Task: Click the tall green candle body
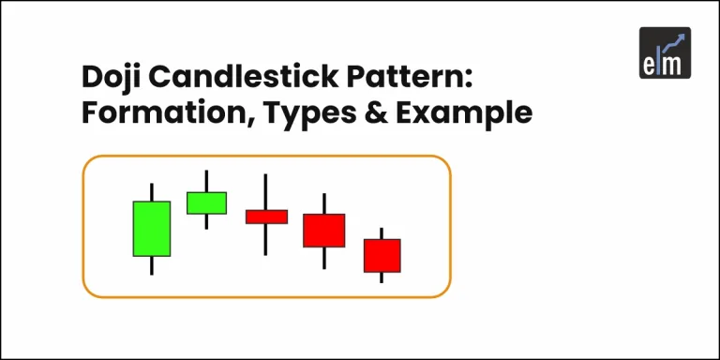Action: tap(151, 228)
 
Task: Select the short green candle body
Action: tap(206, 202)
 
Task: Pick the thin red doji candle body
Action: tap(266, 217)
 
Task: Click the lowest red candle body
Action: tap(382, 255)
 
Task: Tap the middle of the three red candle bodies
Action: tap(323, 230)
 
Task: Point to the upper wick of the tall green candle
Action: tap(151, 191)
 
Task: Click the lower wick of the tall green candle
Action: tap(151, 265)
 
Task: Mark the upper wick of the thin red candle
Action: tap(266, 191)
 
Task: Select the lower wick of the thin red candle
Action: tap(266, 239)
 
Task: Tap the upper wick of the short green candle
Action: tap(206, 181)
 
